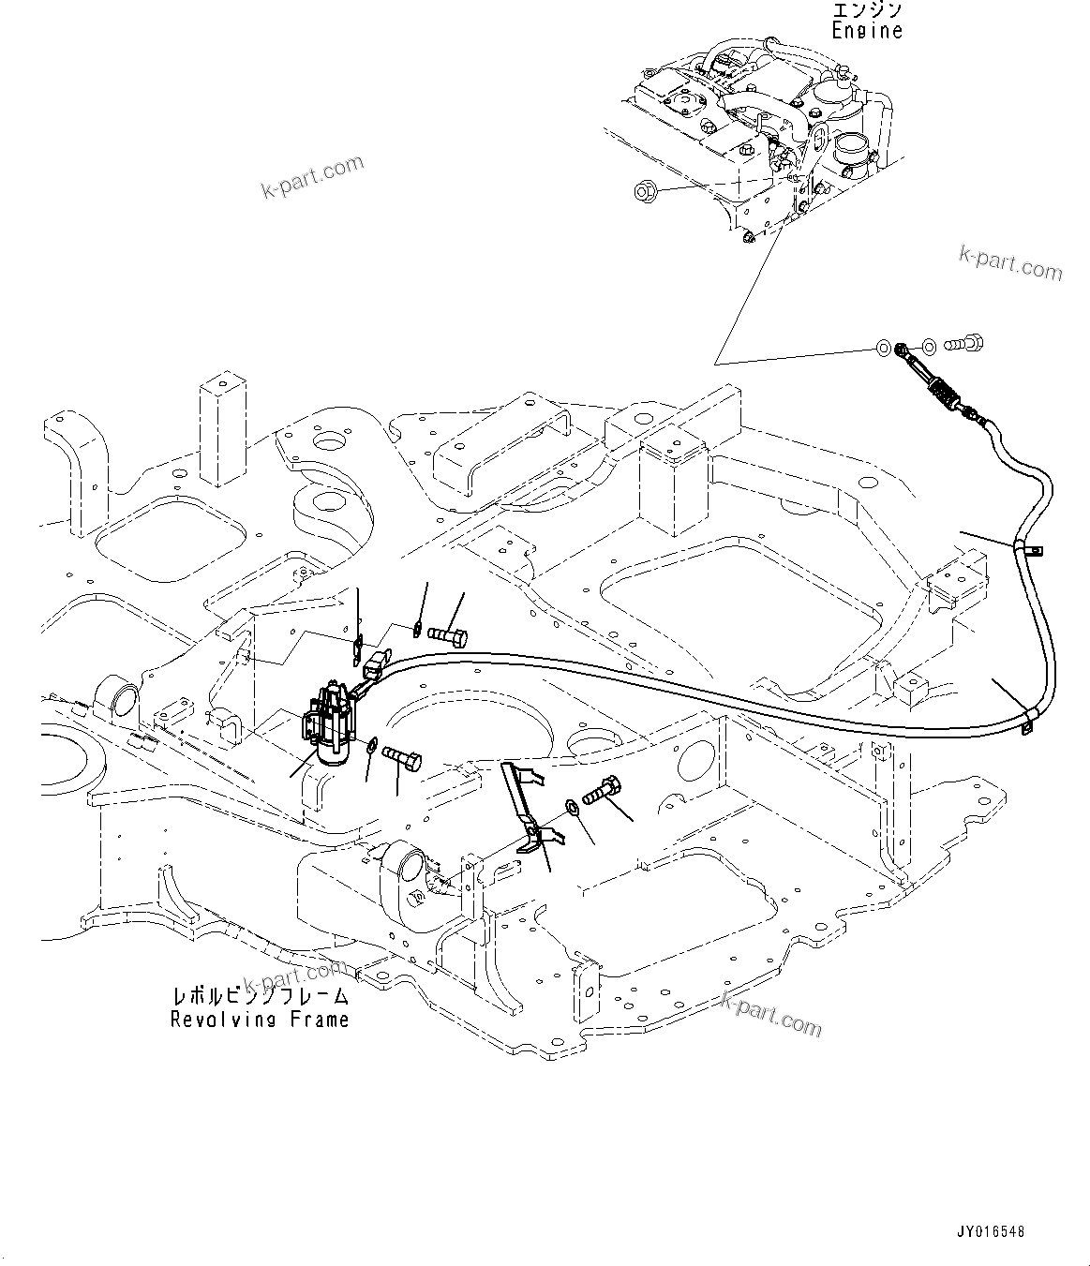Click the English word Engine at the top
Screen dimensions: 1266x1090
tap(867, 30)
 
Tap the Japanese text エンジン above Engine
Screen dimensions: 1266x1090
tap(867, 9)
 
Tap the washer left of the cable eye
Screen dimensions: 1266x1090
tap(882, 350)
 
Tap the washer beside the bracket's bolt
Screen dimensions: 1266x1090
tap(570, 806)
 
